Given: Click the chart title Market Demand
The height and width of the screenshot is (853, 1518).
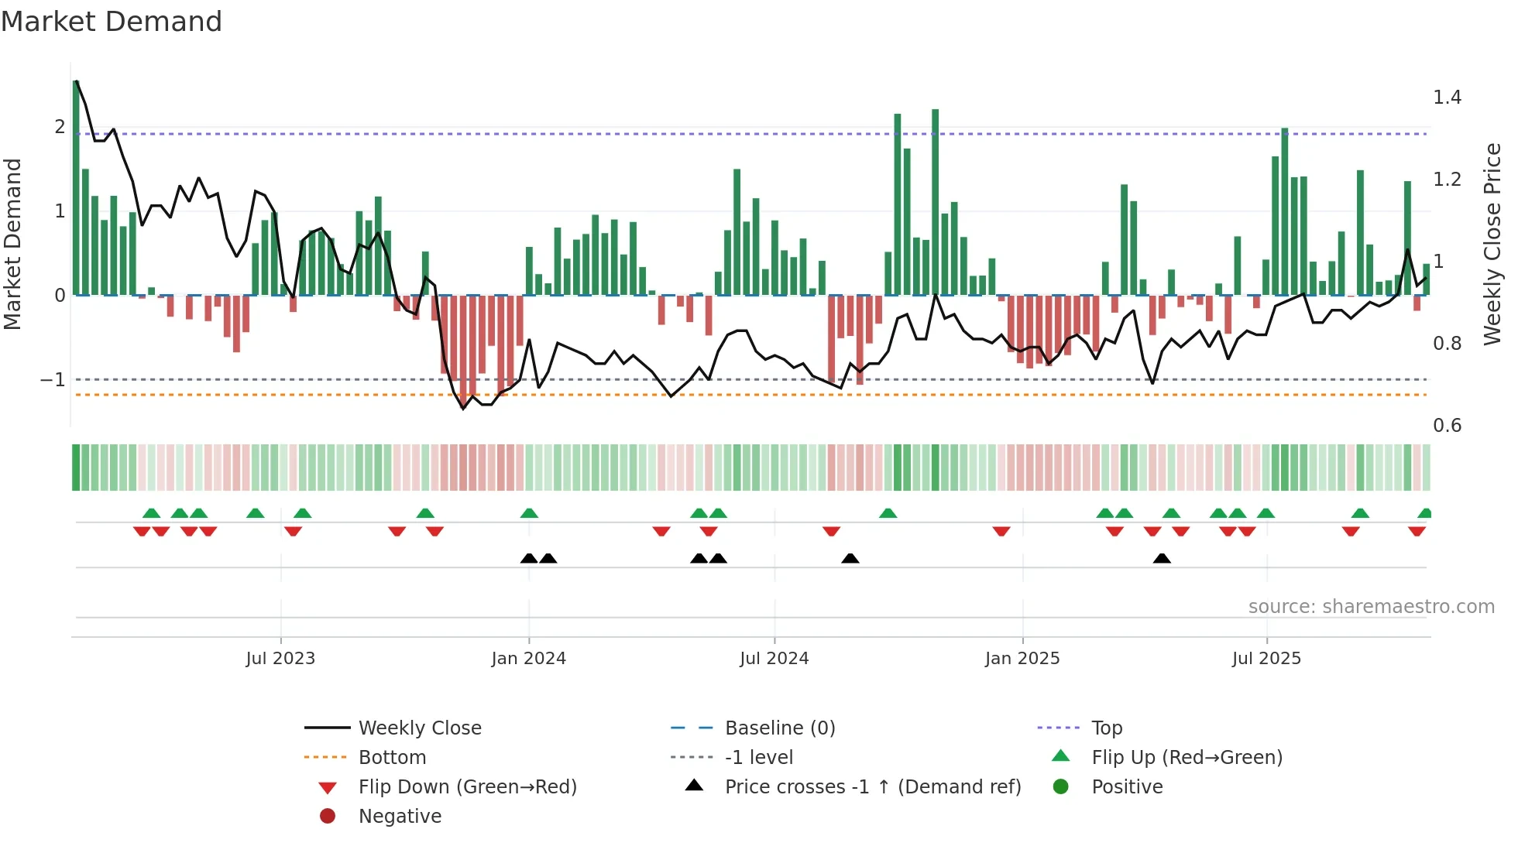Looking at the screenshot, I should pyautogui.click(x=112, y=22).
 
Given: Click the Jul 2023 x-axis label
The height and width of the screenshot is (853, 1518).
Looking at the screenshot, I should pyautogui.click(x=280, y=659).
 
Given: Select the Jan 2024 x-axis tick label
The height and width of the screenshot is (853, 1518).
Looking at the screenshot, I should pyautogui.click(x=528, y=659).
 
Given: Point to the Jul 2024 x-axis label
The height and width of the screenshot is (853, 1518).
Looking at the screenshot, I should pyautogui.click(x=774, y=659).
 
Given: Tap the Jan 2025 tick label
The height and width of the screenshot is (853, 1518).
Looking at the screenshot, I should pyautogui.click(x=1022, y=659).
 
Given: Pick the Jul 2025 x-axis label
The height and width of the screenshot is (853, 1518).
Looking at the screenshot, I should pyautogui.click(x=1266, y=659).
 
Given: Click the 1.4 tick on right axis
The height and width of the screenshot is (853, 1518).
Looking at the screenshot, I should pyautogui.click(x=1447, y=98).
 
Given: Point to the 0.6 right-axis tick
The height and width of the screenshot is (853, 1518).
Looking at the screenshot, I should pyautogui.click(x=1447, y=426).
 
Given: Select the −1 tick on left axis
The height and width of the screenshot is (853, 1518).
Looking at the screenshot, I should pyautogui.click(x=53, y=380).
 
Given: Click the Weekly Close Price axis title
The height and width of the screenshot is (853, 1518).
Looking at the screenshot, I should pyautogui.click(x=1492, y=244).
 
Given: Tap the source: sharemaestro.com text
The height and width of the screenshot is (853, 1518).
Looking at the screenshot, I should pyautogui.click(x=1371, y=607).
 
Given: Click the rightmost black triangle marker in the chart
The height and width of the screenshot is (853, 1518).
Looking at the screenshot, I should pyautogui.click(x=1161, y=559).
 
